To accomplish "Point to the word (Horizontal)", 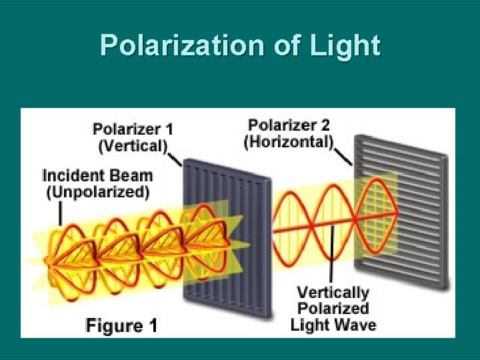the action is (x=288, y=141).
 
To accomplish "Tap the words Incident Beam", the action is (x=97, y=176).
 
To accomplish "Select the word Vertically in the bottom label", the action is (x=332, y=293).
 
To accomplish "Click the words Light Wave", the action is (x=333, y=325).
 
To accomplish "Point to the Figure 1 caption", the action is (x=121, y=326).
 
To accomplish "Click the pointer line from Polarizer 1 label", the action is (x=175, y=159).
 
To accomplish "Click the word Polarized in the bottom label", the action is (x=332, y=309).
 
